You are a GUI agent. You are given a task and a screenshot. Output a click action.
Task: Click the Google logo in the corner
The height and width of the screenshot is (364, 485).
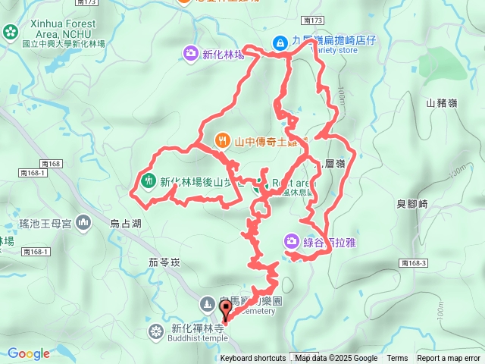coord(29,353)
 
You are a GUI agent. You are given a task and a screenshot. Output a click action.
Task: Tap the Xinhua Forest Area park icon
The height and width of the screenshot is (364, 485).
coord(10,32)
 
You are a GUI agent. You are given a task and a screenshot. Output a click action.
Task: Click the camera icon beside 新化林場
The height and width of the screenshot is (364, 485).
coord(191,52)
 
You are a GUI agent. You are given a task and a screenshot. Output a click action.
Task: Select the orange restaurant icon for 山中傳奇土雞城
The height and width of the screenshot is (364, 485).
coord(222,140)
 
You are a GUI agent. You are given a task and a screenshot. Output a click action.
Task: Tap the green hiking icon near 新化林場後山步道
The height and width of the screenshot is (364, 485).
coord(147,180)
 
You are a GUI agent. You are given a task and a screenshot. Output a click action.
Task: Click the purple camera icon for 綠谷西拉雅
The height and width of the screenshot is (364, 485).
coord(292,241)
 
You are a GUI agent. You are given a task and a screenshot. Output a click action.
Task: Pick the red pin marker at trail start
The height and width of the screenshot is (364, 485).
coord(225,310)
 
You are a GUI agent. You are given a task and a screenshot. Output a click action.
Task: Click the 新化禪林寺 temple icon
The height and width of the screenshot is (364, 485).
coord(156,331)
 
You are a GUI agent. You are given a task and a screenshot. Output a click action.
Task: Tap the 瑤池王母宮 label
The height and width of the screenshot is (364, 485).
coord(45,223)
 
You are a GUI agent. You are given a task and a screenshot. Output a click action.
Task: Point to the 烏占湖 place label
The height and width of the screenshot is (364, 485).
coord(125,224)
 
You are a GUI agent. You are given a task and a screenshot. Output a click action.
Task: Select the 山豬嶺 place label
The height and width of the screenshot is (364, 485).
coord(441,102)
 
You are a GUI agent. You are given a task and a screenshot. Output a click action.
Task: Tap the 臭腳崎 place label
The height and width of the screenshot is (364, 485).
coord(413,203)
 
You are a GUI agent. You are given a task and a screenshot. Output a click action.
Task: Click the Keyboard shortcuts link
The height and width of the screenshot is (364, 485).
coord(253,359)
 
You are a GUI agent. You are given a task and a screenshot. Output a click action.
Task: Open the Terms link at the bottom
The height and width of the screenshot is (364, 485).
coord(397,359)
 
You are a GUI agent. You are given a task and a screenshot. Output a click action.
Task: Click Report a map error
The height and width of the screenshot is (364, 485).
coord(449,359)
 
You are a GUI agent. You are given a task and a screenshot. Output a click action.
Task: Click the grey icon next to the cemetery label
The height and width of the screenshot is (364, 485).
coord(206,304)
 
